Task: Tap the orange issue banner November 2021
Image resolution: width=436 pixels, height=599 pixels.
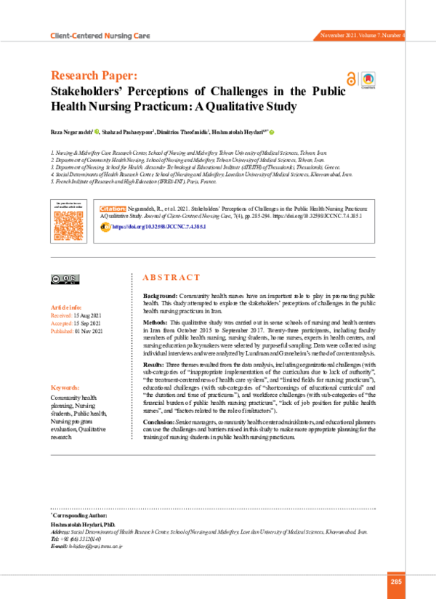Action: pos(363,35)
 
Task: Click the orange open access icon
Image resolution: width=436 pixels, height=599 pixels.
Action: pos(351,81)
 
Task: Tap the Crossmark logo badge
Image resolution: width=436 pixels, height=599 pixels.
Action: pos(367,80)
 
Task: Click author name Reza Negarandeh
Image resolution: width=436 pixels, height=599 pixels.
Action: pos(71,132)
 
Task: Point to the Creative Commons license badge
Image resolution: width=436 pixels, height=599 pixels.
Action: pos(65,278)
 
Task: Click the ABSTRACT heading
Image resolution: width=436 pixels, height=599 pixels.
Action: pos(171,278)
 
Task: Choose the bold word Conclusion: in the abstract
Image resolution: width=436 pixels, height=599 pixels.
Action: pos(162,422)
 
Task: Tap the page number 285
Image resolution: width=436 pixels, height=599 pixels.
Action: pos(397,582)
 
